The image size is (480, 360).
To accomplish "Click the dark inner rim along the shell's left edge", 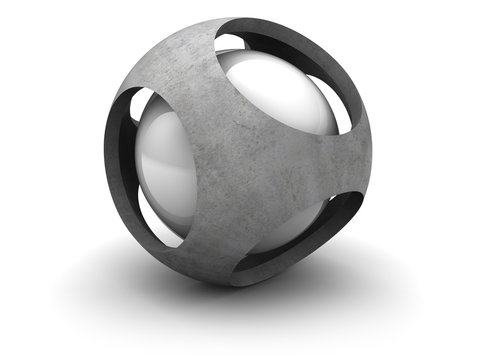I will [x=115, y=160].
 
